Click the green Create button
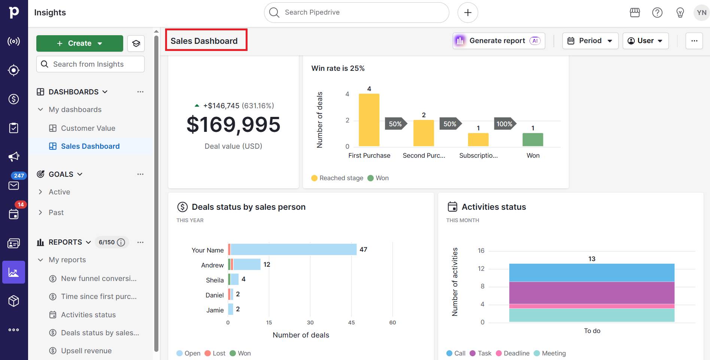tap(79, 43)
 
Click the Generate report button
tap(498, 41)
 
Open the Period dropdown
tap(590, 41)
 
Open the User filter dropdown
tap(645, 41)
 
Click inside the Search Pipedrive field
tap(356, 12)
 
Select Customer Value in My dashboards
tap(88, 128)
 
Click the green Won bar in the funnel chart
tap(532, 139)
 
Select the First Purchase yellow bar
tap(369, 120)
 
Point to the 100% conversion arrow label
tap(504, 124)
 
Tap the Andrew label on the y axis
tap(212, 265)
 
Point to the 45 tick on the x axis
tap(351, 323)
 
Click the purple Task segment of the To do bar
tap(592, 293)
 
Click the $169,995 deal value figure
tap(233, 125)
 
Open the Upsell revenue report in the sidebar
tap(86, 351)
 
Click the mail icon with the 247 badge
tap(14, 185)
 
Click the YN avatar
tap(701, 12)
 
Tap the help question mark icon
tap(657, 12)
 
